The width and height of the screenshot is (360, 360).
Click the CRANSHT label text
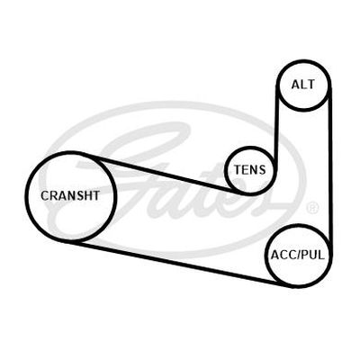(70, 195)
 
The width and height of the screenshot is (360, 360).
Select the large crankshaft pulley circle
(26, 196)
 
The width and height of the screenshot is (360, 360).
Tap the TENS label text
(250, 170)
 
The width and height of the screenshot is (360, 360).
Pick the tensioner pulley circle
(226, 171)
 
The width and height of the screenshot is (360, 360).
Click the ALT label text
(303, 85)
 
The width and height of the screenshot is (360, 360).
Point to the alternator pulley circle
(277, 85)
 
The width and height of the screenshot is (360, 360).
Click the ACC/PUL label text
(298, 256)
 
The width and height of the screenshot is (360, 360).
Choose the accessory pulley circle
(267, 256)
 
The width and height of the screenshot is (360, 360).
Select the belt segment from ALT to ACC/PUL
(330, 168)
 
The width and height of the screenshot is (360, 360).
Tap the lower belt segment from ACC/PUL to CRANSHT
(177, 264)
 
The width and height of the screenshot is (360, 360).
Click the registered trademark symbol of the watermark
(312, 208)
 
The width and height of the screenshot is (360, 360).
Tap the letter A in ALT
(295, 85)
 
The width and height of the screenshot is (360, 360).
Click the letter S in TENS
(262, 170)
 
